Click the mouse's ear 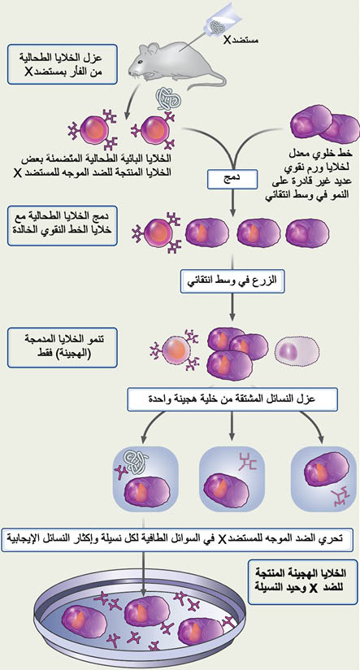(153, 48)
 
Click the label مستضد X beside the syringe (241, 41)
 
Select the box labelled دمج (232, 179)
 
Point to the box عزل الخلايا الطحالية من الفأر (62, 64)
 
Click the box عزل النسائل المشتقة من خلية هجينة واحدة (232, 399)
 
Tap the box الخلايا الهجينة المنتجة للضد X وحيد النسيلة (303, 581)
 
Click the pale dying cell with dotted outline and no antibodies (297, 353)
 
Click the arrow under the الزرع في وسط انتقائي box (232, 307)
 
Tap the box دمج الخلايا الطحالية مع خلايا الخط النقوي (62, 224)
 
